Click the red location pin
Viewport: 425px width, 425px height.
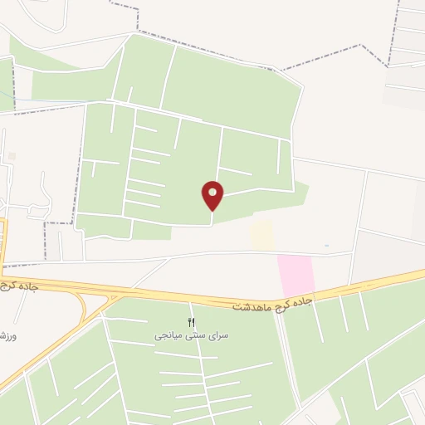(x=213, y=195)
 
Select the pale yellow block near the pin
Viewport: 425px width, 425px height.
(x=262, y=235)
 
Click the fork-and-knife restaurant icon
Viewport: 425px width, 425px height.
(x=193, y=322)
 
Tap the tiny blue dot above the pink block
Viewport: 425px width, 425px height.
(x=326, y=246)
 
